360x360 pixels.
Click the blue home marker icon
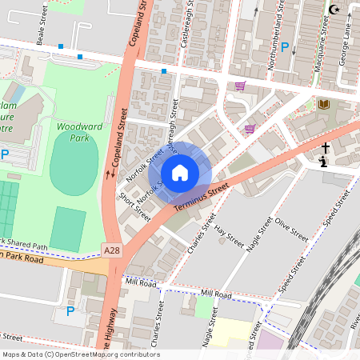[180, 172]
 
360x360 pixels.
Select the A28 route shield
[113, 251]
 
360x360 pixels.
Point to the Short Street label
[134, 207]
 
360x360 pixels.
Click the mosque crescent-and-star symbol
[334, 10]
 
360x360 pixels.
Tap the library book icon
[323, 105]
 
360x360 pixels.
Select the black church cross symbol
[326, 149]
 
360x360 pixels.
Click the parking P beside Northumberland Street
[284, 48]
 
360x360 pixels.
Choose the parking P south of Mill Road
[70, 310]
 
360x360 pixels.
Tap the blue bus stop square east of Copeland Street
[164, 72]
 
